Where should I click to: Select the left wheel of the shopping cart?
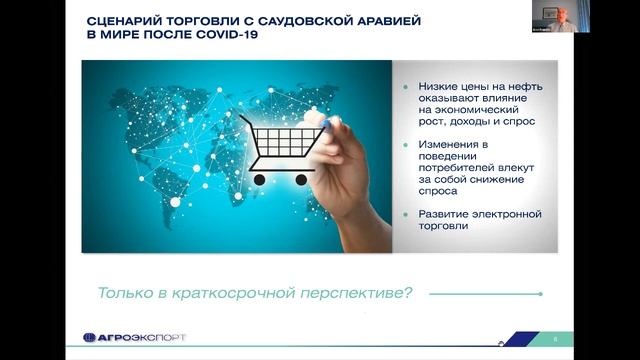coord(259,179)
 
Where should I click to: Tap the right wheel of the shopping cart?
coord(300,179)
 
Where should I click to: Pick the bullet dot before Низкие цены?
coord(406,87)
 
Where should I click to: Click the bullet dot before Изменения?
coord(406,145)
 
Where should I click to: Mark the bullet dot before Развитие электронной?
coord(406,214)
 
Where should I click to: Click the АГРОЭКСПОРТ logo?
coord(134,338)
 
